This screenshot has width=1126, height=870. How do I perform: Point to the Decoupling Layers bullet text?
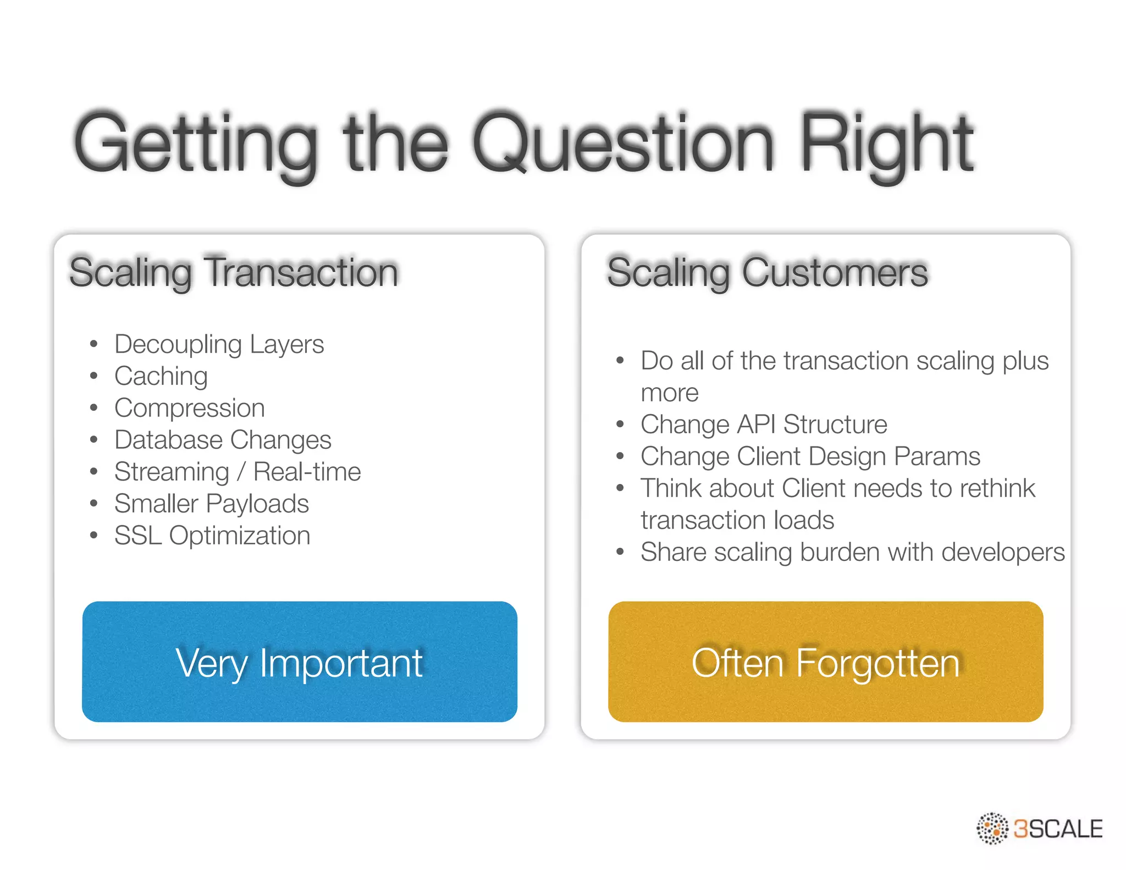219,345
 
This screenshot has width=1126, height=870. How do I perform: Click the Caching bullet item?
161,377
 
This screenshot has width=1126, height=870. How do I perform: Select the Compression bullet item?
189,409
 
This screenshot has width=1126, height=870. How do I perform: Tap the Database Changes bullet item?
223,440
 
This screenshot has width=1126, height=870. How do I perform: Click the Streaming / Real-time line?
238,472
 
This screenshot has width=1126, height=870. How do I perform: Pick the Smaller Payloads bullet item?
211,504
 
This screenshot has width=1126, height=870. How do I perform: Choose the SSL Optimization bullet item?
212,536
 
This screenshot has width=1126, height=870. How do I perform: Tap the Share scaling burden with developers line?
852,553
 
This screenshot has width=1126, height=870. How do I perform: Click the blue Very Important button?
300,662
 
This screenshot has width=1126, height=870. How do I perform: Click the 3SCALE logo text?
1058,829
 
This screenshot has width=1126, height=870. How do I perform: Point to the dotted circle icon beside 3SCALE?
992,828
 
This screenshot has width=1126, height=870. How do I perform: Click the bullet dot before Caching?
94,376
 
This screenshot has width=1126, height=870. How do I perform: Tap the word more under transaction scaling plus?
669,393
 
